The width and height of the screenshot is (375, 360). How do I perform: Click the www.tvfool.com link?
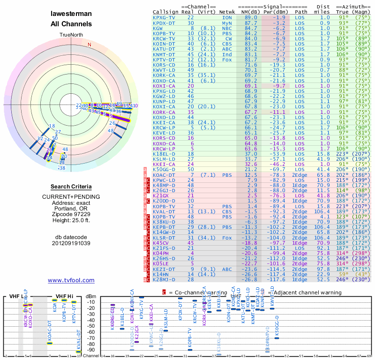[x=71, y=280]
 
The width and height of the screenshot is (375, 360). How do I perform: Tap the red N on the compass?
[x=90, y=45]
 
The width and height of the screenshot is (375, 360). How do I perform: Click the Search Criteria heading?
[x=71, y=187]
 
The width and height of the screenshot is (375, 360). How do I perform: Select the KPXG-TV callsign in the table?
[x=164, y=17]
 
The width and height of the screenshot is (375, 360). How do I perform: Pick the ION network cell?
[x=226, y=17]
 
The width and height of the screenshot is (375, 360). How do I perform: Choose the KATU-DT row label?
[x=164, y=49]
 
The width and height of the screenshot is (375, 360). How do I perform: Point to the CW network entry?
[x=228, y=38]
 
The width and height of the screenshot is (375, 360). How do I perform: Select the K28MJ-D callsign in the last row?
[x=164, y=280]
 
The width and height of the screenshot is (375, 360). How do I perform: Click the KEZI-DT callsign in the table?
[x=164, y=269]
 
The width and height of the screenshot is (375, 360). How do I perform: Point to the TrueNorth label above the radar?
[x=71, y=35]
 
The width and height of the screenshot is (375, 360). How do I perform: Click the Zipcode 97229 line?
[x=71, y=213]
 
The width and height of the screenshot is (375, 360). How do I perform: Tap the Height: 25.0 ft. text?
[x=71, y=220]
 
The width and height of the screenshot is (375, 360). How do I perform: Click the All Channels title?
[x=71, y=24]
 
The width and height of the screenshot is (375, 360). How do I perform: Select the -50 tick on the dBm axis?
[x=90, y=326]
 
